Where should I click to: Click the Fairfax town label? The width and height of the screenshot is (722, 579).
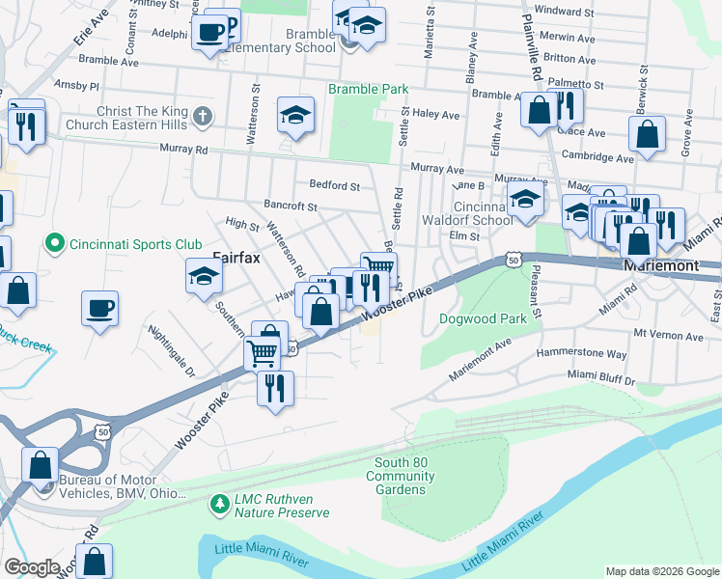coord(234,258)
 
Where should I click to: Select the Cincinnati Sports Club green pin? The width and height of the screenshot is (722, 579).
coord(55,244)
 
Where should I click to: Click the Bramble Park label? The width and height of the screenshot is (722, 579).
coord(368,89)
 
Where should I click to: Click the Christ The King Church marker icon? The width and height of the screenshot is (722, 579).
coord(202,118)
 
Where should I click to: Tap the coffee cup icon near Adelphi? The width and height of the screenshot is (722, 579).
coord(209,33)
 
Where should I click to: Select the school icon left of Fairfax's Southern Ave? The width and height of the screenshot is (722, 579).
coord(205,278)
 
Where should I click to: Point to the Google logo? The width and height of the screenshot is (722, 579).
coord(32,566)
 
